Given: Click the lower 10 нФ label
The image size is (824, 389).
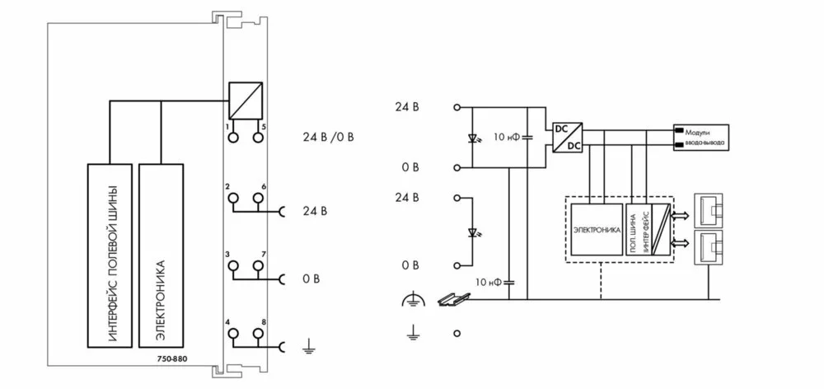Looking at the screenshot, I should point(489,282).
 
